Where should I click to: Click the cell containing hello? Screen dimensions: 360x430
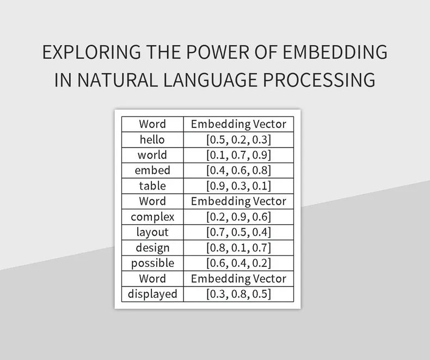coord(152,139)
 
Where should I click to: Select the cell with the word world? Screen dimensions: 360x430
coord(152,155)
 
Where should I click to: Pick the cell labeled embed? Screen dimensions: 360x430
coord(152,170)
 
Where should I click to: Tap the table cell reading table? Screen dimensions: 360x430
coord(152,186)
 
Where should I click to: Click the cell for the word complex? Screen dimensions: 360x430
coord(152,217)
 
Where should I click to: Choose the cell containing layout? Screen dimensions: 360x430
coord(152,232)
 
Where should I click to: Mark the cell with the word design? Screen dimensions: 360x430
coord(152,248)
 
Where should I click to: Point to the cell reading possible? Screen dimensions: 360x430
coord(152,263)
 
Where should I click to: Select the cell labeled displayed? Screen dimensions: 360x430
coord(152,294)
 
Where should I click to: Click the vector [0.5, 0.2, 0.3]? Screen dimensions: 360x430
coord(238,139)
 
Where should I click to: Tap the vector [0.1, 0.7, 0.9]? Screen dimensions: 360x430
coord(238,155)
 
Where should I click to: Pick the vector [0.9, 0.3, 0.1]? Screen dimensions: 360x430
coord(238,186)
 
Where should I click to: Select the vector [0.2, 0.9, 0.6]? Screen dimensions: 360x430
coord(238,217)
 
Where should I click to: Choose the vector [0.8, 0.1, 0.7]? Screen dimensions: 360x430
coord(238,248)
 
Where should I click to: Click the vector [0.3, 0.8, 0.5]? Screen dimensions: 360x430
coord(238,294)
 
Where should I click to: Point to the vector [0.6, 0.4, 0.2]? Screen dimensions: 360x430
coord(238,263)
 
